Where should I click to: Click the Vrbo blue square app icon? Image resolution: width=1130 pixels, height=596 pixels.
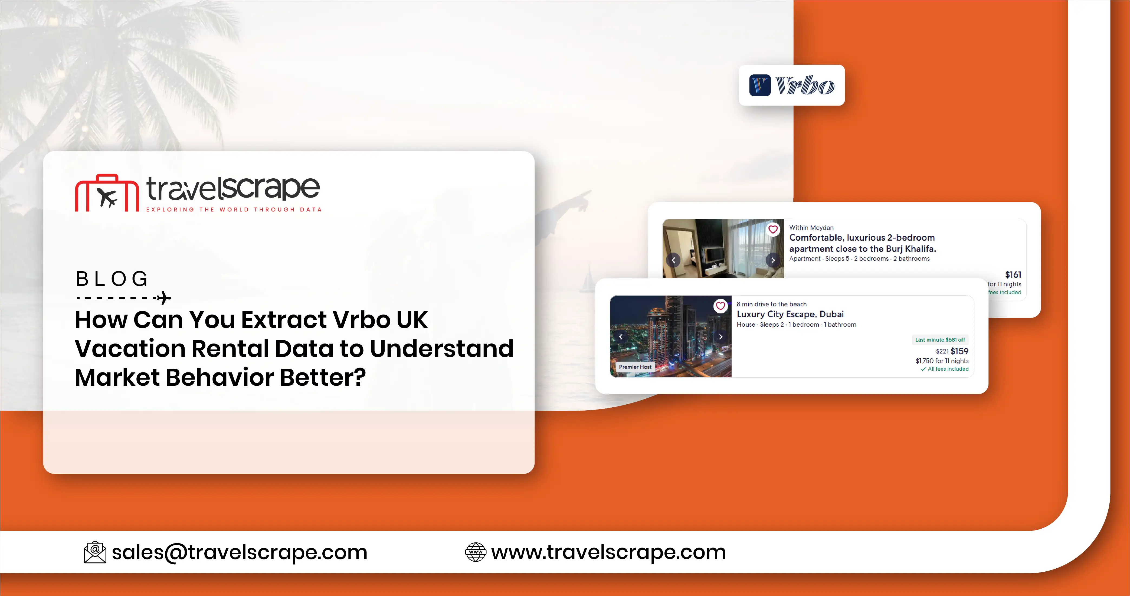click(760, 85)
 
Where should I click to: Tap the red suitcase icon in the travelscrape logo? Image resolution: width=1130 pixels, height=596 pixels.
click(107, 194)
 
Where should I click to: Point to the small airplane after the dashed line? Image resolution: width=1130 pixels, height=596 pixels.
click(164, 298)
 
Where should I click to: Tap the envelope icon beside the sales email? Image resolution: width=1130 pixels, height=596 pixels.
click(95, 552)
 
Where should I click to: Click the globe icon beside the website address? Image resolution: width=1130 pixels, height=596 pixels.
click(476, 552)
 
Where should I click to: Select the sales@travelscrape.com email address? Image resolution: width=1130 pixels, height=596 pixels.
click(239, 552)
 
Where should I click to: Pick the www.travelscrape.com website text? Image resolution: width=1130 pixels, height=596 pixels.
click(608, 552)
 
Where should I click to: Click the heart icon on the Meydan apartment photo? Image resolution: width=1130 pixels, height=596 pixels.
click(773, 229)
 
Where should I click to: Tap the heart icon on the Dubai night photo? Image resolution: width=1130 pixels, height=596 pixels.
click(720, 306)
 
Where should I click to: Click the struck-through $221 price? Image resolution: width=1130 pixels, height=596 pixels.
click(942, 352)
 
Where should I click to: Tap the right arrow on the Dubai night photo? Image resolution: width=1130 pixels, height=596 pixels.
click(720, 337)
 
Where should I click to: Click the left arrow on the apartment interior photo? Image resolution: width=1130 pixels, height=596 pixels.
click(673, 260)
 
